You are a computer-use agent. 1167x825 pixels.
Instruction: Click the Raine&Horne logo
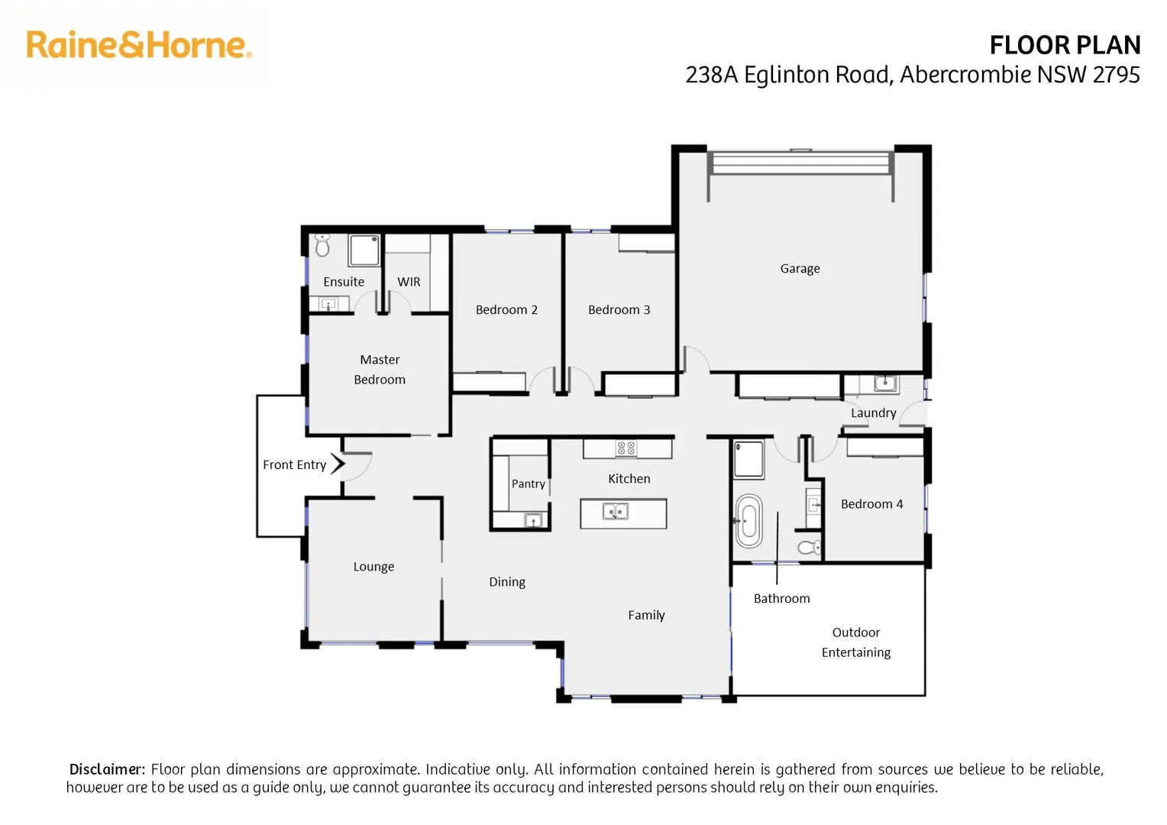[x=139, y=45]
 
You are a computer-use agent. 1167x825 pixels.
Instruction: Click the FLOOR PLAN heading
[x=1064, y=46]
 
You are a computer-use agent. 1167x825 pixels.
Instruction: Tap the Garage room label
[x=800, y=269]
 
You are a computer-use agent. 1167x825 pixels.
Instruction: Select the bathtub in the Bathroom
[x=748, y=521]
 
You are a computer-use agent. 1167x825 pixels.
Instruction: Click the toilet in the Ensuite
[x=322, y=245]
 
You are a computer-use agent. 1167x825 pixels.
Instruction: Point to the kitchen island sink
[x=616, y=511]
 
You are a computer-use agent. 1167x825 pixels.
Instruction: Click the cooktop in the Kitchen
[x=626, y=448]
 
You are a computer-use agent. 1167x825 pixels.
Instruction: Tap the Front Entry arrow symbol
[x=338, y=464]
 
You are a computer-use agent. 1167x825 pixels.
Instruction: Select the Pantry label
[x=528, y=484]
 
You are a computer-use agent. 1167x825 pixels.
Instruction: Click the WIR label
[x=409, y=282]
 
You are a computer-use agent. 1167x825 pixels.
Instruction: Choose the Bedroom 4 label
[x=871, y=504]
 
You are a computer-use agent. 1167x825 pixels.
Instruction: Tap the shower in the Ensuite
[x=364, y=251]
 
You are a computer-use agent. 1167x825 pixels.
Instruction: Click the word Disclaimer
[x=107, y=769]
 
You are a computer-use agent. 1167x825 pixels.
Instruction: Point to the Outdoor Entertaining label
[x=855, y=642]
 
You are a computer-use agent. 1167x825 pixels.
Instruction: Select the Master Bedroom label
[x=380, y=370]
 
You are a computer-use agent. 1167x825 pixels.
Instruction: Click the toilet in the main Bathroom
[x=810, y=547]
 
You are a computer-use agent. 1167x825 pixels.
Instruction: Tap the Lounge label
[x=373, y=567]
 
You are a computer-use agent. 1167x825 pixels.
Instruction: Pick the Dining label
[x=507, y=582]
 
